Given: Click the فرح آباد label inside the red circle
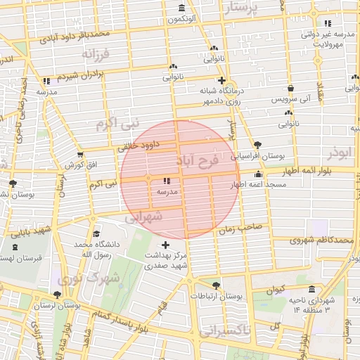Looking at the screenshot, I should tap(205, 161).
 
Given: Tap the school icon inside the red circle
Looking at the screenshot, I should tap(167, 181).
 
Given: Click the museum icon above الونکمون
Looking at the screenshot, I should tap(182, 8).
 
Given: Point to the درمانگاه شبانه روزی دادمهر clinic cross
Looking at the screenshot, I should tap(222, 80).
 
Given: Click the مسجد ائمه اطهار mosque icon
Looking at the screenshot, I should tap(258, 174).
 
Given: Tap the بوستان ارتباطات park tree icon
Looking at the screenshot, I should tap(215, 285).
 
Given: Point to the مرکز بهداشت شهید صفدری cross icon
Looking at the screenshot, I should tap(165, 244).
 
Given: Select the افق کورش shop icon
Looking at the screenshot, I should tap(79, 154).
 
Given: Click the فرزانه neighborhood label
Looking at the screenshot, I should tap(96, 53).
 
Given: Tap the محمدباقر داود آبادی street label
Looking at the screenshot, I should tap(75, 34).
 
